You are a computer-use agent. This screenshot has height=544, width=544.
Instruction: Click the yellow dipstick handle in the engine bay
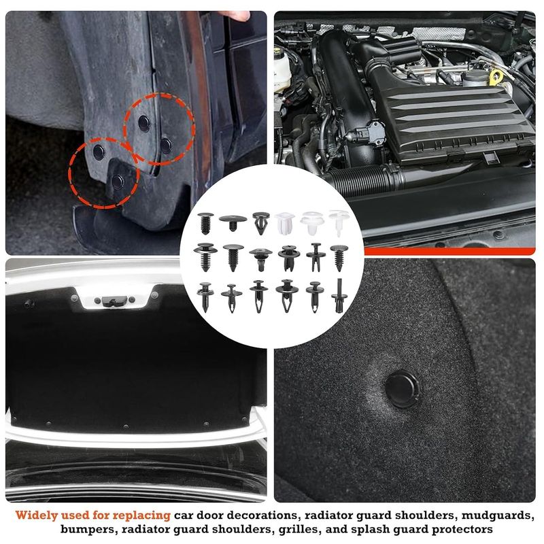tap(496, 76)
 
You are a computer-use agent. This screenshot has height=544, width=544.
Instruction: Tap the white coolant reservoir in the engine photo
tap(282, 71)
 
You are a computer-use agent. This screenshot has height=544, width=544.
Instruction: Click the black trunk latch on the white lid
tap(112, 301)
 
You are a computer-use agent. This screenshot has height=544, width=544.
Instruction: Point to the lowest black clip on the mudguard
tap(118, 181)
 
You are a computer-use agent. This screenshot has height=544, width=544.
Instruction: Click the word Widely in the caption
tap(35, 515)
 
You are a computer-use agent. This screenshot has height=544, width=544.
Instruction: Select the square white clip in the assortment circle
tap(284, 223)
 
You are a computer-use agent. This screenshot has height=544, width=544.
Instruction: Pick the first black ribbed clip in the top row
tap(205, 224)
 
